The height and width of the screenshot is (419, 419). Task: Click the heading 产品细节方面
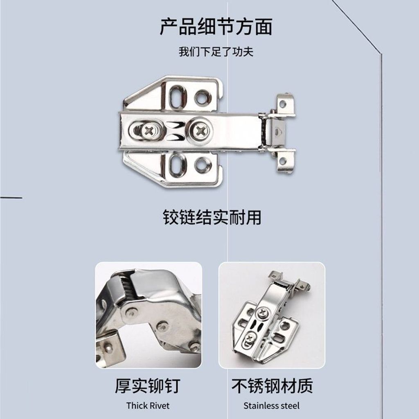[216, 27]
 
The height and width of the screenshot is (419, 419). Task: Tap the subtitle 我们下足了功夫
[216, 52]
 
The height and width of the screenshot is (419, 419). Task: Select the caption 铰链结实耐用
[212, 217]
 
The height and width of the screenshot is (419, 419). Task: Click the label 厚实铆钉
[148, 385]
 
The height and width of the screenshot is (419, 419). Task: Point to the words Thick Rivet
[148, 405]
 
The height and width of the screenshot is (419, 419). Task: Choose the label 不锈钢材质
[272, 385]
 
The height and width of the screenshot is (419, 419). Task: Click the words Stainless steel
[272, 405]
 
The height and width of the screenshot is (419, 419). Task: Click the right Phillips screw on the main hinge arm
[200, 131]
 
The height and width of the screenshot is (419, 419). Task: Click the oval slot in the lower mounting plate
[177, 164]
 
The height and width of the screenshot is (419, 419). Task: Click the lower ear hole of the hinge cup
[282, 161]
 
